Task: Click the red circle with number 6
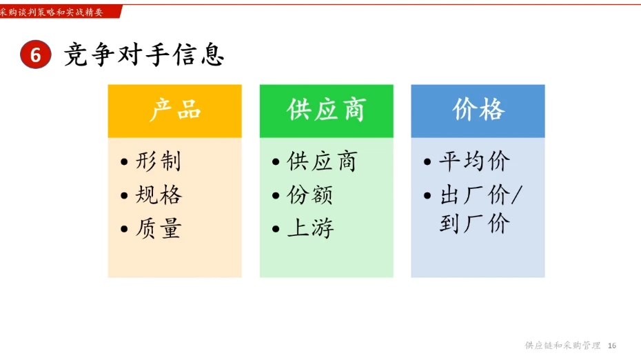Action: click(36, 55)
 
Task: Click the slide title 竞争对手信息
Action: click(144, 54)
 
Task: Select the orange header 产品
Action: click(175, 110)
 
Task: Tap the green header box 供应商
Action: click(326, 110)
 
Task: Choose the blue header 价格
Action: click(478, 110)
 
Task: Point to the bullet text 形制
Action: click(159, 161)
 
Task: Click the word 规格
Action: click(159, 195)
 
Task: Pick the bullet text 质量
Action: click(159, 228)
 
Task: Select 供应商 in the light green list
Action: click(322, 161)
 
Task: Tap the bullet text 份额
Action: click(310, 195)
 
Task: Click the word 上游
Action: click(310, 228)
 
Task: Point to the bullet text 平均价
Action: click(474, 161)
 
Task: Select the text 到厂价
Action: click(474, 224)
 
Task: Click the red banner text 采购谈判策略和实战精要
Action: click(52, 11)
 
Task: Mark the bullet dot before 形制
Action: click(124, 163)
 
